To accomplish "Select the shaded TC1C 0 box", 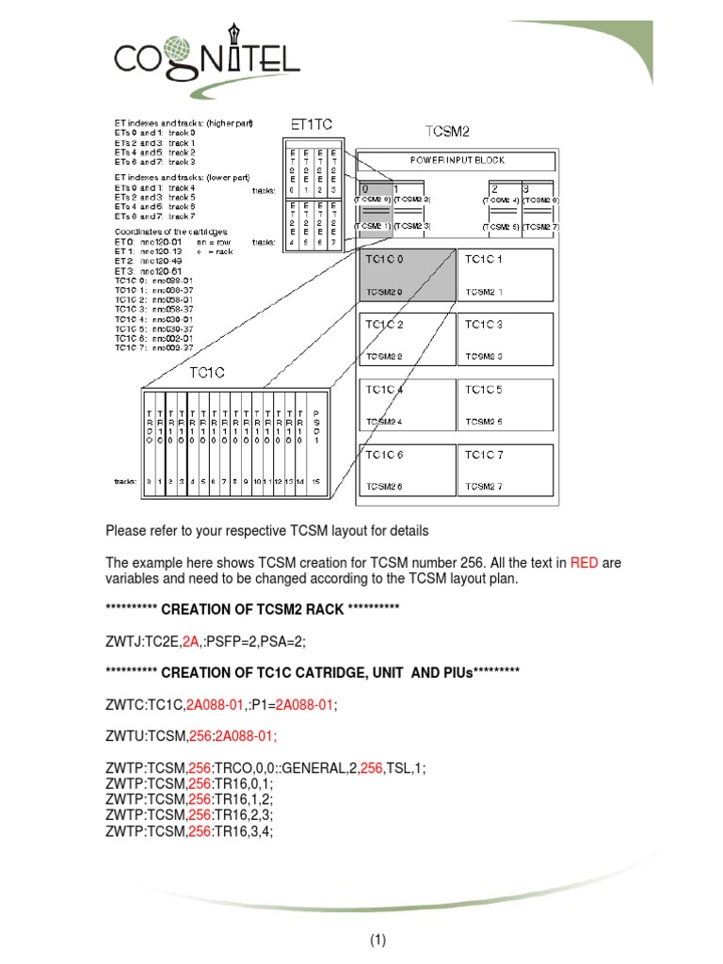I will (405, 275).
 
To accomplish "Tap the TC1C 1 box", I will (506, 275).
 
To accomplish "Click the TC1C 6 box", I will (405, 470).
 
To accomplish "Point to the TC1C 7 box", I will (506, 470).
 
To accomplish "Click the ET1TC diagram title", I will (310, 123).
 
